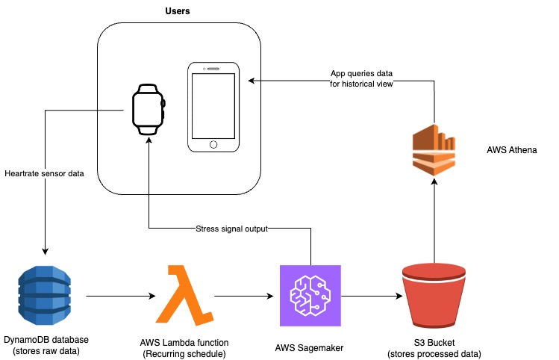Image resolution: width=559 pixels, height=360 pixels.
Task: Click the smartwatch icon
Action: click(x=149, y=110)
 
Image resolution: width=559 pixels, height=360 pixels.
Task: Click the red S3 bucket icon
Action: click(x=434, y=297)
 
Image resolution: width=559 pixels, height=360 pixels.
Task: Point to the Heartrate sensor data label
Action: click(x=43, y=173)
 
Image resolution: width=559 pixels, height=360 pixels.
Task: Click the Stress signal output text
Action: click(x=231, y=229)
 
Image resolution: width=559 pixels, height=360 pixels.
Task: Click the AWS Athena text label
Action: click(x=511, y=150)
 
